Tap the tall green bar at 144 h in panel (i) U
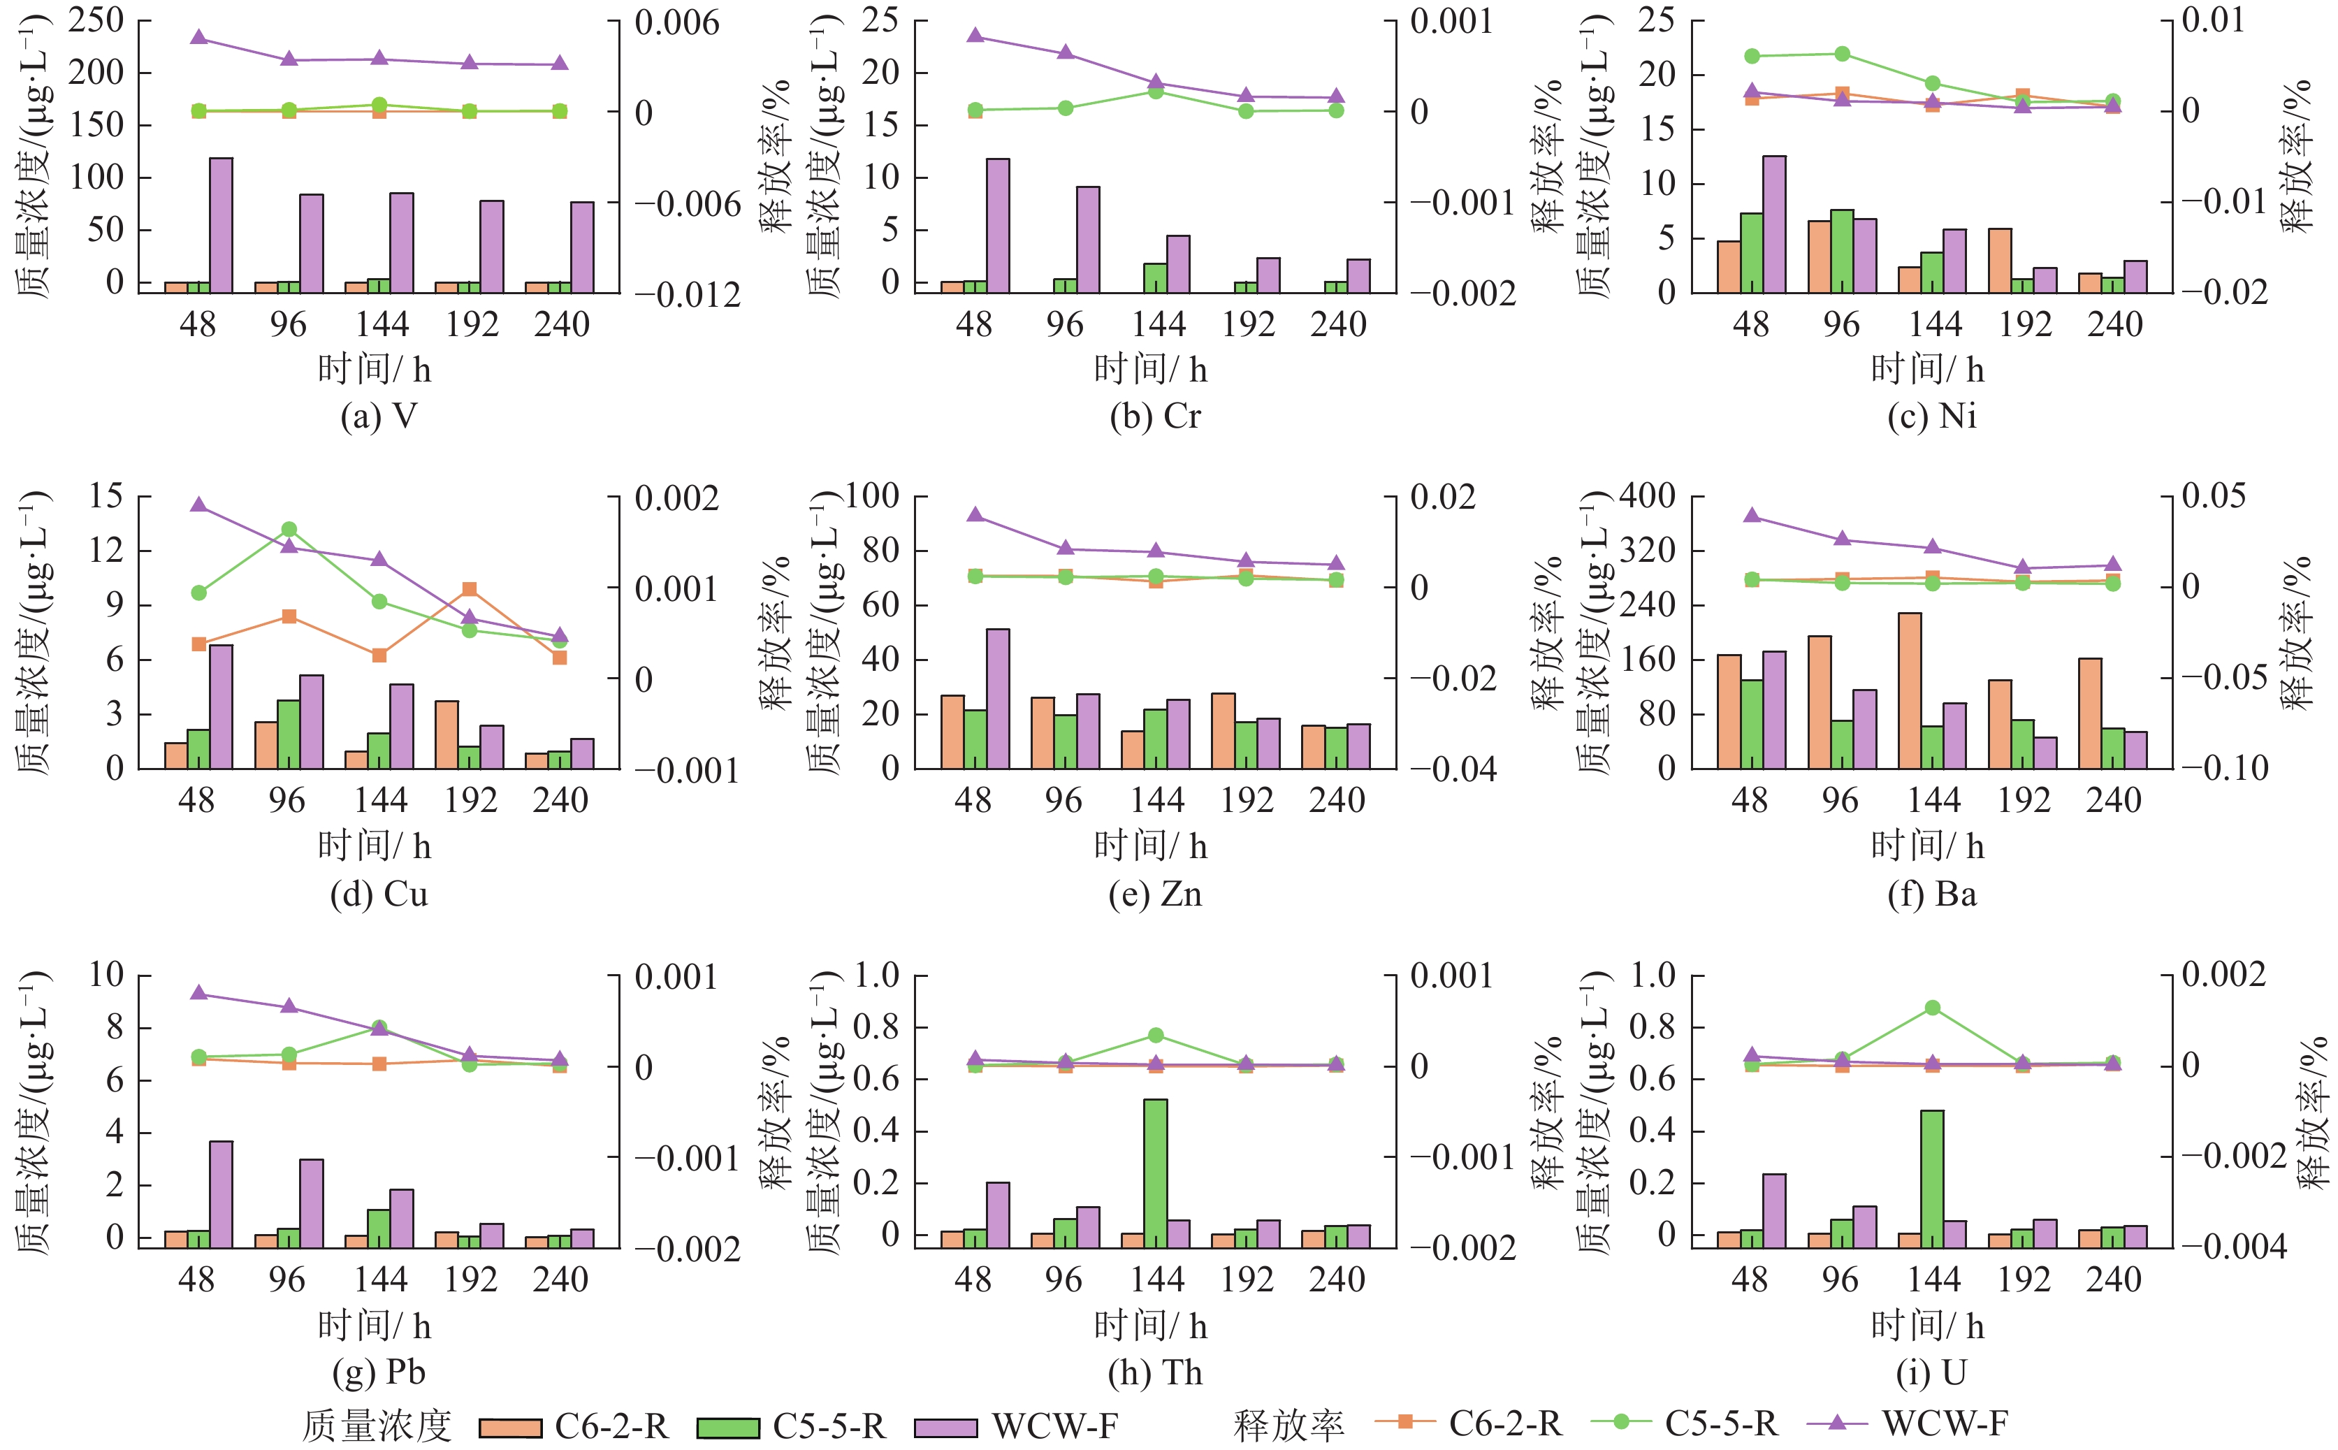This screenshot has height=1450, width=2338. pos(1931,1179)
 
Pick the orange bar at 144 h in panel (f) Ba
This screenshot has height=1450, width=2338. pos(1910,690)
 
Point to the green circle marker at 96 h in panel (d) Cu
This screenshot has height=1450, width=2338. pos(289,530)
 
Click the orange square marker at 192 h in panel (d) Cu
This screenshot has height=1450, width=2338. pos(469,590)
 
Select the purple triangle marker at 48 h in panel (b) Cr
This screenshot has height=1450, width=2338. pos(975,36)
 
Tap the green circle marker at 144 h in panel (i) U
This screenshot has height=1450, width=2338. pos(1932,1008)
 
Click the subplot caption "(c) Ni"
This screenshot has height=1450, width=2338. pos(1931,416)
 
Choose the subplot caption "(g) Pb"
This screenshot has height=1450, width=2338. pos(379,1372)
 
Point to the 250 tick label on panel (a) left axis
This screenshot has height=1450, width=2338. pos(96,20)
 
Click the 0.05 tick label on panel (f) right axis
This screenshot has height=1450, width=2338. pos(2214,496)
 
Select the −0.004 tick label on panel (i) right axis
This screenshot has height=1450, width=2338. pos(2235,1247)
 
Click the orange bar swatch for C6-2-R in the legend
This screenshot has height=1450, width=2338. pos(510,1427)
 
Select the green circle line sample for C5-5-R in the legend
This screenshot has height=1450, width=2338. pos(1620,1421)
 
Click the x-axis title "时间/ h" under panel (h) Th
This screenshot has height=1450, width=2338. pos(1151,1326)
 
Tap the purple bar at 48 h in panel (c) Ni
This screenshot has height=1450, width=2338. pos(1774,224)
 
